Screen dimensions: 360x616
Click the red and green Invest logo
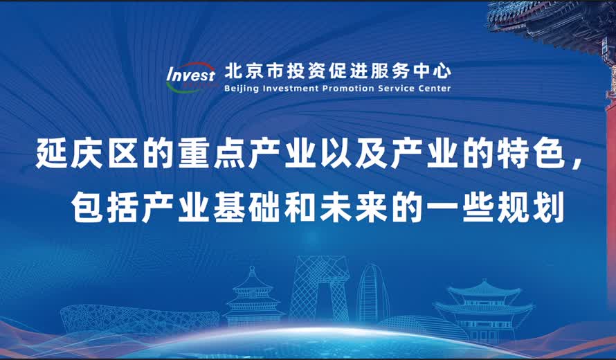point(190,77)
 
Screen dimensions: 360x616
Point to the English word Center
point(433,89)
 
